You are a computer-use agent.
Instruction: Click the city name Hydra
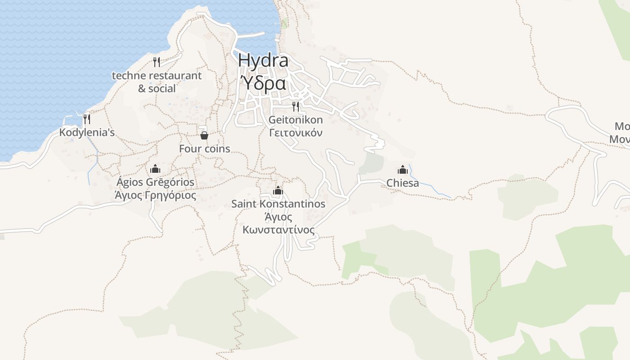coord(263,60)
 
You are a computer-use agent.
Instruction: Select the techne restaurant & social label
coord(157,81)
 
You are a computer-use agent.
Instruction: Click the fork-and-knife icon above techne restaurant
coord(157,62)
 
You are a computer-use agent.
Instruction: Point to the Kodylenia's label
coord(87,133)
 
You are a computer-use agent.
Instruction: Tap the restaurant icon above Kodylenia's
coord(87,119)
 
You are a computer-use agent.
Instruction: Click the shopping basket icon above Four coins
coord(204,135)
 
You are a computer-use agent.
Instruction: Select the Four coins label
coord(204,148)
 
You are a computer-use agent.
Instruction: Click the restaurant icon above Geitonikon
coord(296,107)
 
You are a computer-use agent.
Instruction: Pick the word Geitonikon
coord(296,120)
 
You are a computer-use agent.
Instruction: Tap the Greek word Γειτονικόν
coord(296,133)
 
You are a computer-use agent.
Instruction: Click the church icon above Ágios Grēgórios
coord(155,169)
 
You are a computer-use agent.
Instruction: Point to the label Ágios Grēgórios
coord(155,182)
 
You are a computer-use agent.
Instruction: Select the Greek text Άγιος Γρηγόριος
coord(155,195)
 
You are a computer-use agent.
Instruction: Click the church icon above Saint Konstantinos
coord(278,191)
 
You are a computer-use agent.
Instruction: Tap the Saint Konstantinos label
coord(278,204)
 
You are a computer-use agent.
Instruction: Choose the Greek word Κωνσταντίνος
coord(278,230)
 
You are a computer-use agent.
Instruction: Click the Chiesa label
coord(403,183)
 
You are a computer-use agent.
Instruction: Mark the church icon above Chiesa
coord(403,170)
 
